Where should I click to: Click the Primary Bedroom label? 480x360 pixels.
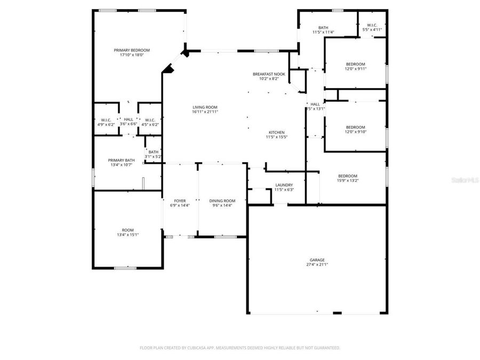click(x=132, y=50)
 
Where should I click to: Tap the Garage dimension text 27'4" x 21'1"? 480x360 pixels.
click(x=317, y=265)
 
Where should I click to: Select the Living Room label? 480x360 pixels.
click(x=205, y=107)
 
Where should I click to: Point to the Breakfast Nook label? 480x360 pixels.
click(x=269, y=74)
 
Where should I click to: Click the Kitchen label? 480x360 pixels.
click(x=276, y=132)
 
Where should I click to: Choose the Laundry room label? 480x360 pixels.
click(x=284, y=185)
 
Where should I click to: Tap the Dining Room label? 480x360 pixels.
click(x=222, y=201)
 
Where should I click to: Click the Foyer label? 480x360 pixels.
click(x=180, y=201)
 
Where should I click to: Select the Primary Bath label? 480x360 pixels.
click(x=122, y=160)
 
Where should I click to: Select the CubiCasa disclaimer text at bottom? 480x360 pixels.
click(x=239, y=348)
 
